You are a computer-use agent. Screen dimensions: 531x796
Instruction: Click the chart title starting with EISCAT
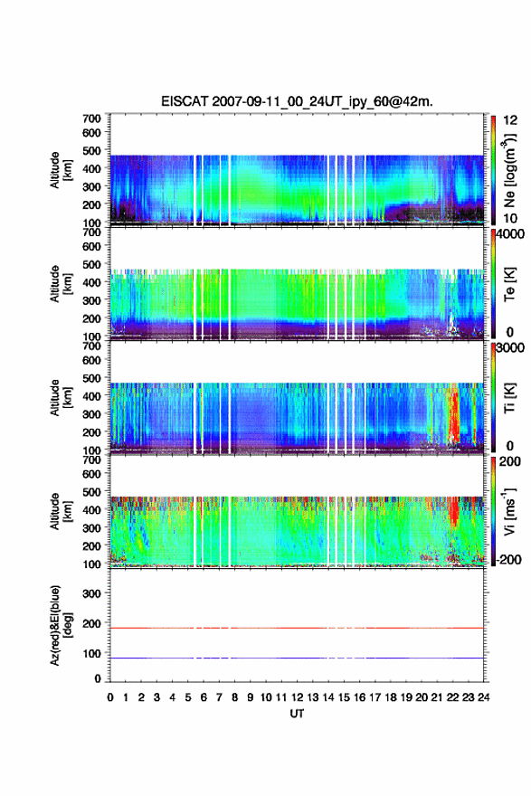pyautogui.click(x=297, y=101)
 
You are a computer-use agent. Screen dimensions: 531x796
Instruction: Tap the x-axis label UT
pyautogui.click(x=297, y=714)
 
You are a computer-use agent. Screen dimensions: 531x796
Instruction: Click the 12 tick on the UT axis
pyautogui.click(x=297, y=697)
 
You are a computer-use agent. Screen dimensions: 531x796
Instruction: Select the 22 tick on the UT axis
pyautogui.click(x=453, y=697)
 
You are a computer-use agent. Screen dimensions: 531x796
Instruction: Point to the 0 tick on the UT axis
pyautogui.click(x=110, y=697)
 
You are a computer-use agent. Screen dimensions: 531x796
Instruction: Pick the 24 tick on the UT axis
pyautogui.click(x=484, y=697)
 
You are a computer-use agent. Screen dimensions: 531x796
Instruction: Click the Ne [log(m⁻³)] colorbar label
pyautogui.click(x=509, y=171)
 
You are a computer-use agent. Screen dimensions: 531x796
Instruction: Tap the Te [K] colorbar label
pyautogui.click(x=509, y=284)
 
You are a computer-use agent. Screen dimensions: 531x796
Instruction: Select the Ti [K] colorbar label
pyautogui.click(x=509, y=398)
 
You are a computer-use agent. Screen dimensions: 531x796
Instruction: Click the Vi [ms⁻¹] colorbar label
pyautogui.click(x=509, y=512)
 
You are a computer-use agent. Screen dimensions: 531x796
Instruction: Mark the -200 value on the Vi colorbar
pyautogui.click(x=508, y=559)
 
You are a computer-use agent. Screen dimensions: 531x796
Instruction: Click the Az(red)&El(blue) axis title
pyautogui.click(x=61, y=625)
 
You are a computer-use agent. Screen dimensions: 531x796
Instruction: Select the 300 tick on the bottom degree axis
pyautogui.click(x=91, y=593)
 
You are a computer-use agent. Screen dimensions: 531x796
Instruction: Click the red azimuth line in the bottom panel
pyautogui.click(x=297, y=628)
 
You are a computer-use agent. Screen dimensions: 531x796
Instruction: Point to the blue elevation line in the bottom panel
pyautogui.click(x=297, y=658)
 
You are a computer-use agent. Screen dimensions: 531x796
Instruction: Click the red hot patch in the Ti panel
pyautogui.click(x=453, y=416)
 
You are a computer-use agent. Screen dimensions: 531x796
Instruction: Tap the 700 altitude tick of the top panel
pyautogui.click(x=91, y=118)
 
